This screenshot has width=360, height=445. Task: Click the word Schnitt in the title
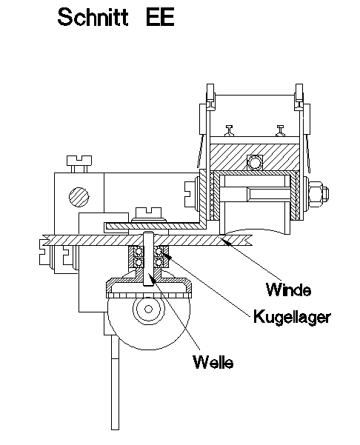pos(93,17)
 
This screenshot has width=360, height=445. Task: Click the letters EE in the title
pos(160,17)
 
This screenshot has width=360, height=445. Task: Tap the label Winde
pos(288,290)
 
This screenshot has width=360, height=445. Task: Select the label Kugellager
pos(292,317)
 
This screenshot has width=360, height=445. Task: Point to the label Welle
pos(213,362)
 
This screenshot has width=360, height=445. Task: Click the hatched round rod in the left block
pos(79,197)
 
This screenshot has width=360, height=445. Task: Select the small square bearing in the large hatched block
pos(255,163)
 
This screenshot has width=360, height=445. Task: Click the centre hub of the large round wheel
pos(148,309)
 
